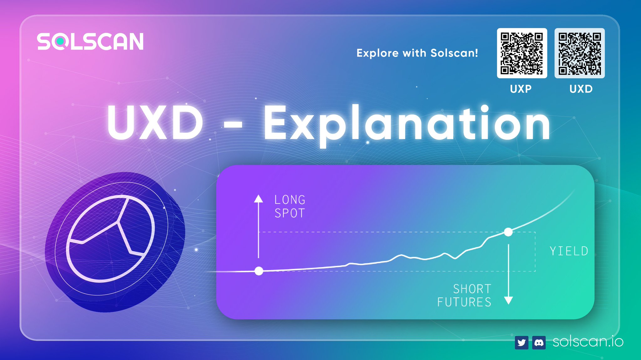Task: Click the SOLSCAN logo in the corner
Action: [x=90, y=42]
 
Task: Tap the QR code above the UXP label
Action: [x=522, y=53]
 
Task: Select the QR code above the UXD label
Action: [x=579, y=53]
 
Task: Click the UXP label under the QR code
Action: [x=520, y=89]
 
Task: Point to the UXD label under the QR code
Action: [x=581, y=89]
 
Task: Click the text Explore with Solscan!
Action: [x=417, y=53]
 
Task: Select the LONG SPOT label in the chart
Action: [x=290, y=206]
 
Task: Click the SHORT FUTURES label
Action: [x=465, y=296]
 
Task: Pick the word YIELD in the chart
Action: [x=569, y=251]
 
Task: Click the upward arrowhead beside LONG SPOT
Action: [x=258, y=199]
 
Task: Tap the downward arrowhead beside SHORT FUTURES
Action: [x=509, y=301]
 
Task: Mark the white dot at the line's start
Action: [x=259, y=271]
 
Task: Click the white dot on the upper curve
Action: [x=508, y=232]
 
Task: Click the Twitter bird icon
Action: [x=521, y=343]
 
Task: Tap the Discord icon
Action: [x=539, y=343]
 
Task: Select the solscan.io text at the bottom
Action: [x=588, y=342]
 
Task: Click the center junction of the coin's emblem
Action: [x=119, y=222]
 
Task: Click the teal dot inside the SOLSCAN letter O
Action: [x=60, y=41]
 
